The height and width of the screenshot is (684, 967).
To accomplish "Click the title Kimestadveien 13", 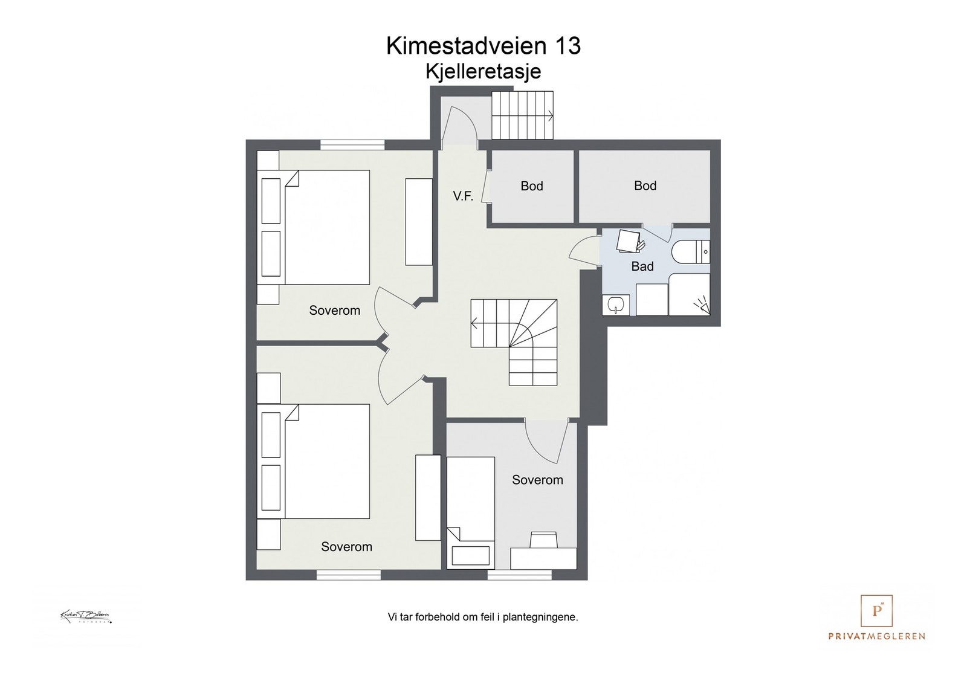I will pyautogui.click(x=483, y=46).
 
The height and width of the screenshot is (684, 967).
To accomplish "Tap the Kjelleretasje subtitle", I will pyautogui.click(x=483, y=71).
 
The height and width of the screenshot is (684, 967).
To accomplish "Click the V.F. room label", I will pyautogui.click(x=463, y=196).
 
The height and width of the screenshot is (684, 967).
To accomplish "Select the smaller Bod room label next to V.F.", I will pyautogui.click(x=531, y=186).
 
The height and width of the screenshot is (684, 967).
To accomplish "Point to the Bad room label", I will pyautogui.click(x=642, y=266).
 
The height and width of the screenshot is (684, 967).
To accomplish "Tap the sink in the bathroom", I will pyautogui.click(x=615, y=305).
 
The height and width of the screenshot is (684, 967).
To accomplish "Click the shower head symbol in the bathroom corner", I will pyautogui.click(x=701, y=303).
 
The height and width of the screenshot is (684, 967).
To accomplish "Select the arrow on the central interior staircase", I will pyautogui.click(x=475, y=323).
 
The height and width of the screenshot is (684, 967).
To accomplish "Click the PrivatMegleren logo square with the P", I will pyautogui.click(x=876, y=611).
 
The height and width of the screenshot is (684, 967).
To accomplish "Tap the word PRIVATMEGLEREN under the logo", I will pyautogui.click(x=876, y=636).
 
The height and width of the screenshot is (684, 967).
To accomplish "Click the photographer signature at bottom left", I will pyautogui.click(x=85, y=617).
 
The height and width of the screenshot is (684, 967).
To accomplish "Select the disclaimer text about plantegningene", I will pyautogui.click(x=483, y=618).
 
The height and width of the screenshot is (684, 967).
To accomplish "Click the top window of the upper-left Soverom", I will pyautogui.click(x=352, y=145).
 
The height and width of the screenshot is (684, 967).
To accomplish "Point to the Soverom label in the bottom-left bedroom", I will pyautogui.click(x=346, y=547).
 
